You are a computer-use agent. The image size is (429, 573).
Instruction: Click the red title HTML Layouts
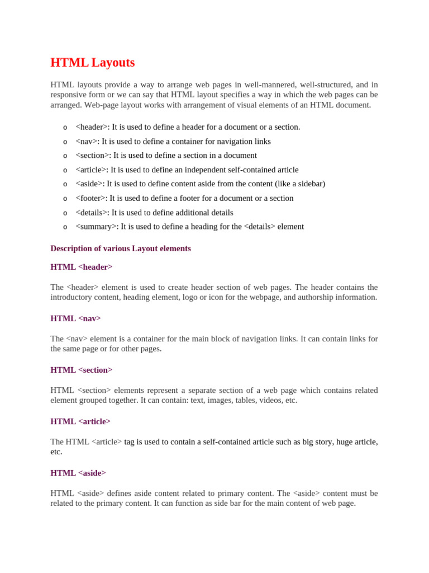92,63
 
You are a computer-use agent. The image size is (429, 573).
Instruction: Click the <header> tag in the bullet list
91,127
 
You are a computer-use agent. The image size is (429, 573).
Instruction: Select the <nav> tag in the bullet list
87,142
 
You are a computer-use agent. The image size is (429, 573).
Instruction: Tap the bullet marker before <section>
65,156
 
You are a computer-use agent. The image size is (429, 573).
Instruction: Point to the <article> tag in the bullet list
90,170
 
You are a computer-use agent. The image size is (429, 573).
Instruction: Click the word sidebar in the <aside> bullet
309,184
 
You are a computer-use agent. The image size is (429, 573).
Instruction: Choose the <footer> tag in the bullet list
90,199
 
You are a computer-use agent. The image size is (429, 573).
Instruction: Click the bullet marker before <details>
65,213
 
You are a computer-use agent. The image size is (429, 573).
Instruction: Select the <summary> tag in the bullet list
96,227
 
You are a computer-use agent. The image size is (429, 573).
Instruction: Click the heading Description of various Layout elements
121,248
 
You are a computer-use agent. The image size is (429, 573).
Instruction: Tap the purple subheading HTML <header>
82,267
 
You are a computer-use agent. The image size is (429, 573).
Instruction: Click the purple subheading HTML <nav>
75,318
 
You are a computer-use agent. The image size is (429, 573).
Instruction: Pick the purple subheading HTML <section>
82,370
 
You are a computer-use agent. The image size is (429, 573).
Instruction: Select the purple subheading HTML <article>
80,421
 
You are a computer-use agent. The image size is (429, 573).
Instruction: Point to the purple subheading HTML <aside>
78,473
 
